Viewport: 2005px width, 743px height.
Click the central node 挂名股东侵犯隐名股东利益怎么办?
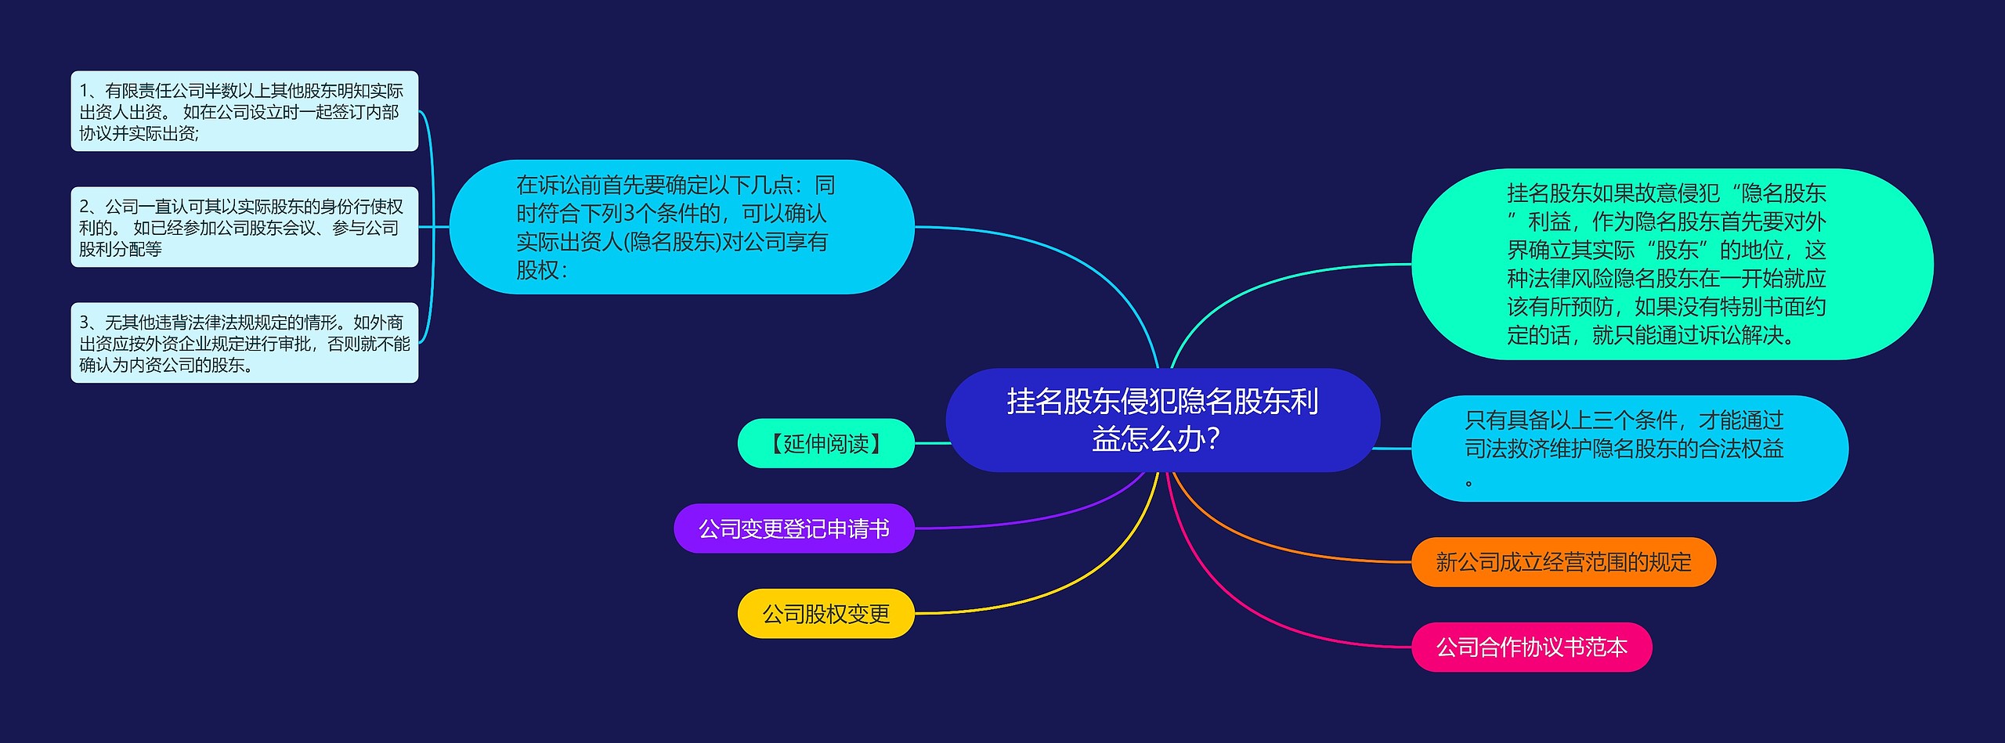coord(1162,420)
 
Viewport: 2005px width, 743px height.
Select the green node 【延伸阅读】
coord(826,443)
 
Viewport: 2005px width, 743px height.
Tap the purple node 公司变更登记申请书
coord(794,528)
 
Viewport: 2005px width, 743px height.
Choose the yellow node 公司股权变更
coord(826,613)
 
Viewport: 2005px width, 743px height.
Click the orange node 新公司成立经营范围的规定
coord(1563,561)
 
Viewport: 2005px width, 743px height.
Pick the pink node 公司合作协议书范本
coord(1531,647)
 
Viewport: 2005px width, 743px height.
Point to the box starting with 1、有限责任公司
coord(244,111)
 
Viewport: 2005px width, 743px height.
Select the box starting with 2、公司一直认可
coord(244,227)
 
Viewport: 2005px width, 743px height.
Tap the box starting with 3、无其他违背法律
coord(244,343)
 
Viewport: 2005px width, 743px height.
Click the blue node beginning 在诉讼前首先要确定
coord(682,227)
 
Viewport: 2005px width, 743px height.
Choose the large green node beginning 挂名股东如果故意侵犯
coord(1672,264)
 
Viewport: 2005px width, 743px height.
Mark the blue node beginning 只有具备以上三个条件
coord(1630,449)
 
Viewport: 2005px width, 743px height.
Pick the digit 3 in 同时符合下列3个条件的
coord(629,213)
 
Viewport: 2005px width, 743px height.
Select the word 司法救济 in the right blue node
coord(1507,449)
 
